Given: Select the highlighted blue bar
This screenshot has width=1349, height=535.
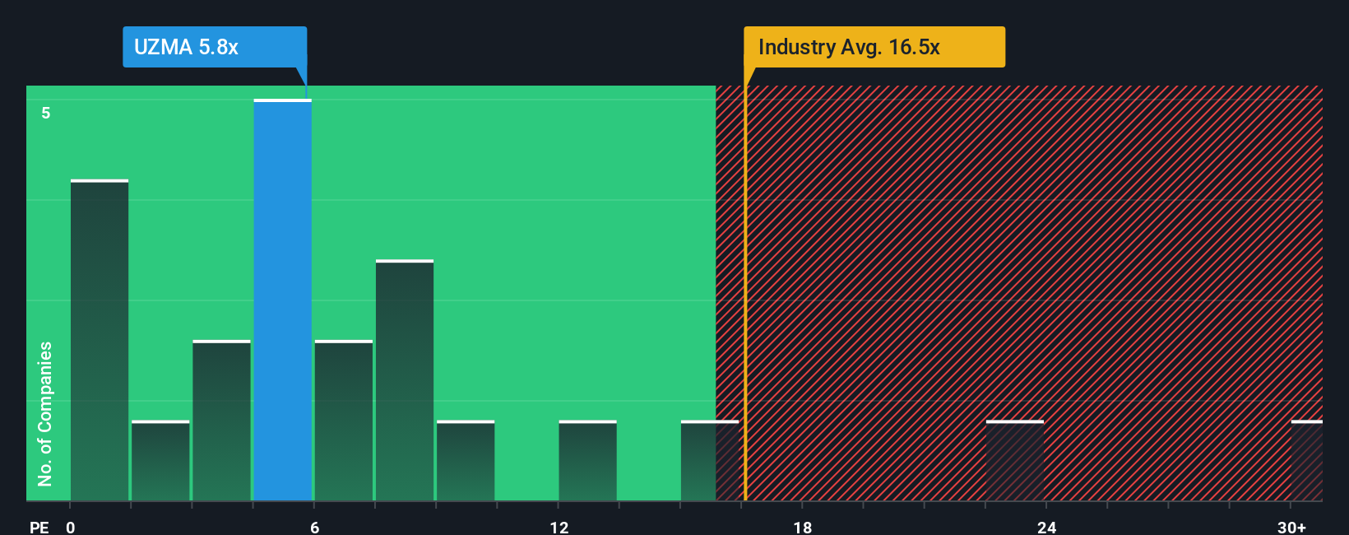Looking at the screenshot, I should (282, 300).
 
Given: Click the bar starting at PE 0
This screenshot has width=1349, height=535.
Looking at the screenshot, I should (100, 340).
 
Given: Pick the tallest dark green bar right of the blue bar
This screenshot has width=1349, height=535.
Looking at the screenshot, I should (405, 380).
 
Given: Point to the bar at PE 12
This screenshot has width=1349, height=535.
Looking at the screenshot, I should (587, 461).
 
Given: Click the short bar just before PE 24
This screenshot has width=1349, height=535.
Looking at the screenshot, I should (1015, 461).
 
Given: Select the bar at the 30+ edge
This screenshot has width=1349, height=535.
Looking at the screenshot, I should (1306, 461).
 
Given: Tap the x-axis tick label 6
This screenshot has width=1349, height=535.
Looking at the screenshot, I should (315, 527).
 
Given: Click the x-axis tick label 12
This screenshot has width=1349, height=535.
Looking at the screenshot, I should (559, 527).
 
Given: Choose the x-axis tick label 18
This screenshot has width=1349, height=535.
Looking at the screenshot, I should (803, 527).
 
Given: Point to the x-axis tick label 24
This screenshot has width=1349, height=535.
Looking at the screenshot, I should (1046, 527).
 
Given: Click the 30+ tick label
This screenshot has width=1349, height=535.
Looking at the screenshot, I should (1291, 527).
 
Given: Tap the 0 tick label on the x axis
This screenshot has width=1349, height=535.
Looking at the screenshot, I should (71, 527).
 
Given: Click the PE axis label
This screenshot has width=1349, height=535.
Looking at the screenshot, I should (39, 527).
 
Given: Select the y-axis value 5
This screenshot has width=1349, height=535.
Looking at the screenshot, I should (46, 113).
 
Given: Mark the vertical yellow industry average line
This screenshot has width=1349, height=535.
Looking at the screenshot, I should (745, 288).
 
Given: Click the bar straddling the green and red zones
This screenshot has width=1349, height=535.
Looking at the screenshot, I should (709, 461).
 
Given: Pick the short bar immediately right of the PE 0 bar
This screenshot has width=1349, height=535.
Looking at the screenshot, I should (160, 461).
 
